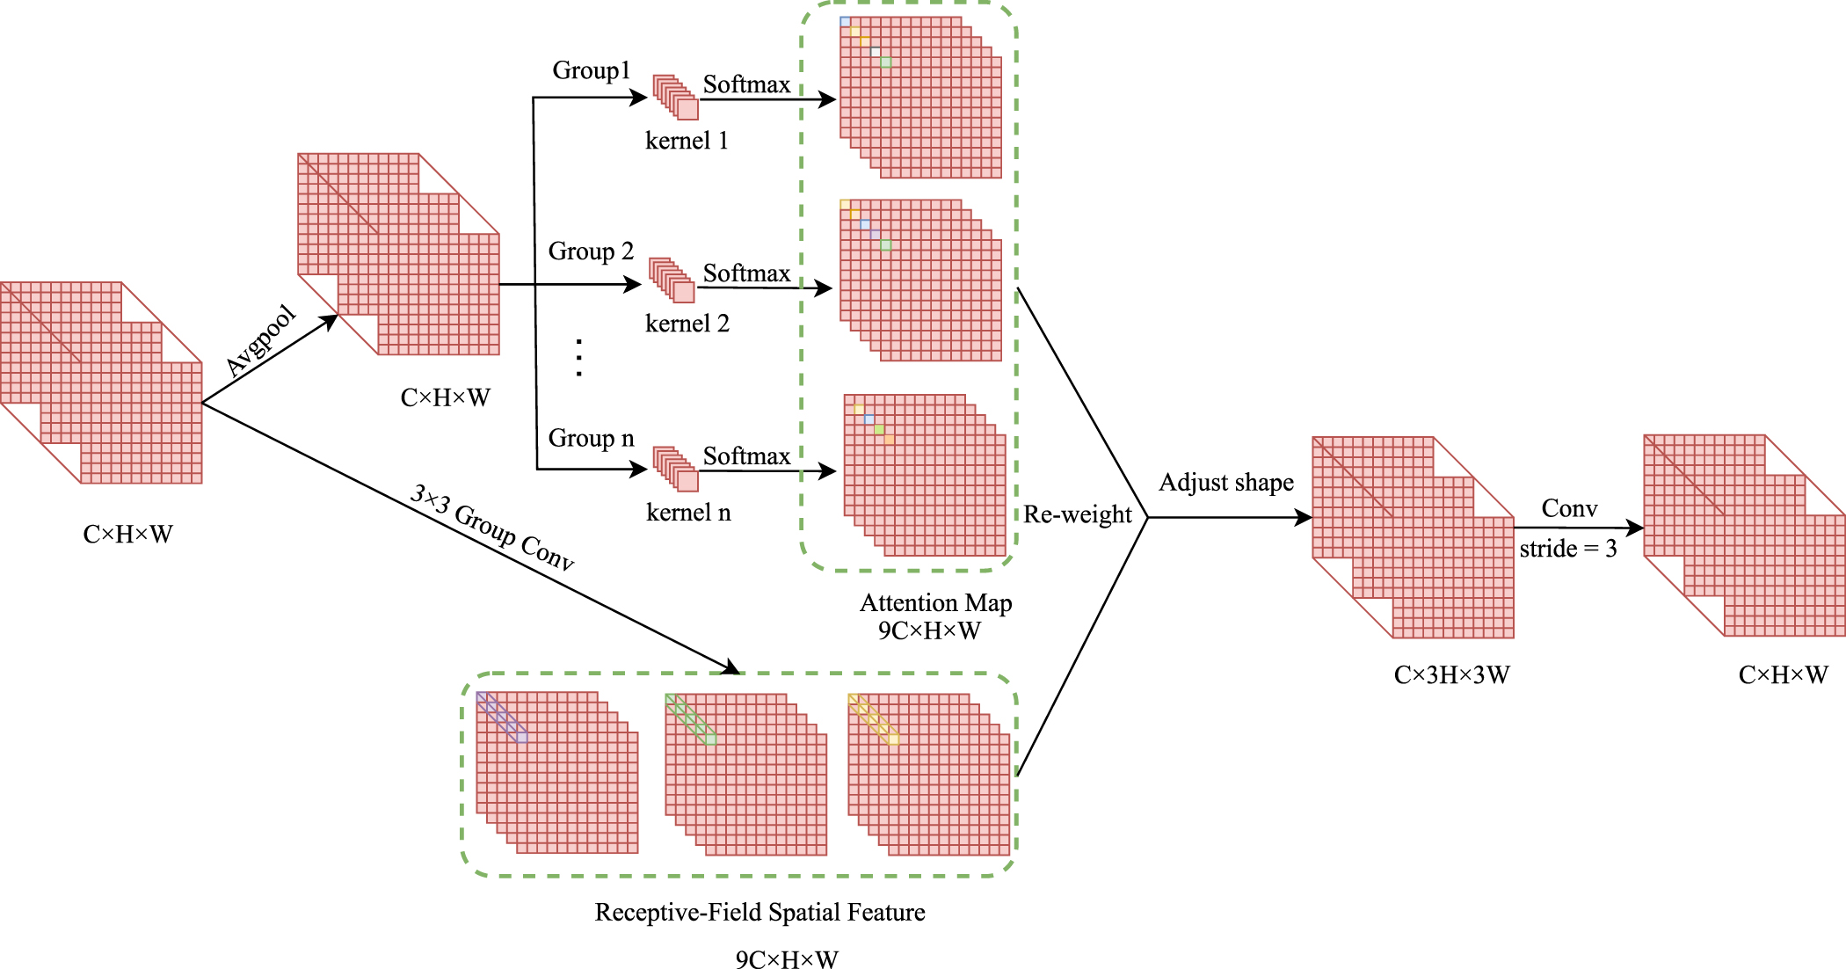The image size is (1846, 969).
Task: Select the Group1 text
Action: coord(591,70)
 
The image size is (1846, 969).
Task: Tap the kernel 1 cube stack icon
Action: coord(675,97)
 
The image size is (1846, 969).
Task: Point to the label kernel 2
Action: coord(687,324)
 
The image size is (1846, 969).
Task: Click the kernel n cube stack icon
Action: coord(675,469)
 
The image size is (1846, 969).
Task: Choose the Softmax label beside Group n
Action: coord(746,455)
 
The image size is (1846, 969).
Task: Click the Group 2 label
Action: coord(591,251)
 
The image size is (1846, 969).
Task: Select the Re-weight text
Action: coord(1077,514)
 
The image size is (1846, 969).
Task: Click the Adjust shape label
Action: coord(1225,483)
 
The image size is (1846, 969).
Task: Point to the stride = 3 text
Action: coord(1567,549)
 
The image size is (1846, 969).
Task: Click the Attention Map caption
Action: coord(935,603)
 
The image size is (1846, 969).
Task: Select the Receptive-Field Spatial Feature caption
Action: coord(759,913)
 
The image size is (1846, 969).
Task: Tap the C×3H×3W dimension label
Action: coord(1451,675)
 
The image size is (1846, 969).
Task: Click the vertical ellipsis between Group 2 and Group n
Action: coord(578,358)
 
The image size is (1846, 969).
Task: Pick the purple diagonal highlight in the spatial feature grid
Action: coord(502,718)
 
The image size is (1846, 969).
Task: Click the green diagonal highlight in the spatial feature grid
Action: coord(691,719)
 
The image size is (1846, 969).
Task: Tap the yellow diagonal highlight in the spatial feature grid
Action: coord(874,719)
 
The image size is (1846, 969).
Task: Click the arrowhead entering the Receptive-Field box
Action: coord(730,668)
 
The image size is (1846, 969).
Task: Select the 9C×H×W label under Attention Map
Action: coord(928,630)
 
